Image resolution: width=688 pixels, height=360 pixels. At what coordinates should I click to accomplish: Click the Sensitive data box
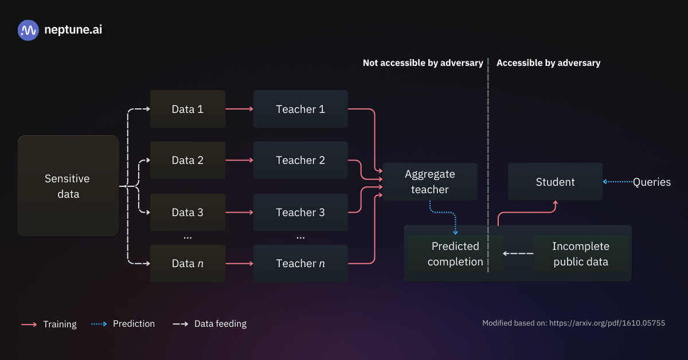[x=68, y=186]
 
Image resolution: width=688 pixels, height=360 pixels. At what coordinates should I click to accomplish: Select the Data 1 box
[x=187, y=109]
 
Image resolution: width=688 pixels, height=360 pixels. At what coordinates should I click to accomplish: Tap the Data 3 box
[x=187, y=212]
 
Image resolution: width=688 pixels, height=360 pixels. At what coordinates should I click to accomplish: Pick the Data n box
[x=187, y=264]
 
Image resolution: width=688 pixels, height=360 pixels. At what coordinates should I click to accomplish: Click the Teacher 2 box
[x=300, y=161]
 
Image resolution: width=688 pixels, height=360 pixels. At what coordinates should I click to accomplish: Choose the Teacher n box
[x=300, y=264]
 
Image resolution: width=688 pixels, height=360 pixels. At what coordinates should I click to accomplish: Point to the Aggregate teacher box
[x=429, y=182]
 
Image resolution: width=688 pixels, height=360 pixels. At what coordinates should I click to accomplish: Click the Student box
[x=555, y=182]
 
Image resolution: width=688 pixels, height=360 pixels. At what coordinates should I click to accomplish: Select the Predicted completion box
[x=455, y=253]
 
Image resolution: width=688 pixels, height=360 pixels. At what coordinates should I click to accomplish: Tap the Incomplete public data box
[x=580, y=253]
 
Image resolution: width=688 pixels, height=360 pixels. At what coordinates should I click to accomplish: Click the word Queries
[x=651, y=182]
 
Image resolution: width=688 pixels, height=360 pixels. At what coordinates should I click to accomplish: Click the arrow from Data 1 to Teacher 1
[x=239, y=109]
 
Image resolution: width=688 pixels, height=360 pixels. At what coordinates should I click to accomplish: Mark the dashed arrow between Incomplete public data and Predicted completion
[x=518, y=253]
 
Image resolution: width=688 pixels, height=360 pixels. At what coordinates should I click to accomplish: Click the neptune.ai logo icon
[x=28, y=30]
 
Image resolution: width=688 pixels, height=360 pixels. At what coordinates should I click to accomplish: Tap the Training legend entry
[x=49, y=324]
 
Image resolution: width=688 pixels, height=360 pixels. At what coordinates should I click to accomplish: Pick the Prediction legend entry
[x=123, y=324]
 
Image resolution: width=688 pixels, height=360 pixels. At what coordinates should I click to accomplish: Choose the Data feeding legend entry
[x=210, y=324]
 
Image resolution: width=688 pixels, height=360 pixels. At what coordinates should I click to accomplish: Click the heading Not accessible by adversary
[x=423, y=63]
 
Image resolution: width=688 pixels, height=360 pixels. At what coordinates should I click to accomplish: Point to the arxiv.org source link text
[x=607, y=323]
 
